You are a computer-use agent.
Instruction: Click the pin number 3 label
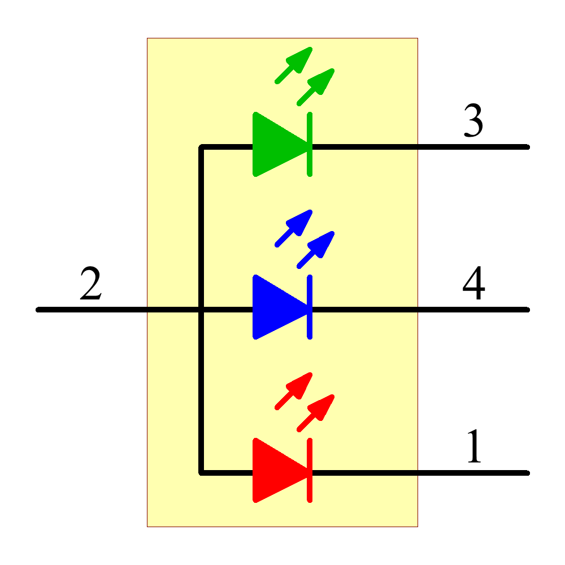(473, 121)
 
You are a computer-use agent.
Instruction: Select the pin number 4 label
(473, 284)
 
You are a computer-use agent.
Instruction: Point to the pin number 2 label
(91, 284)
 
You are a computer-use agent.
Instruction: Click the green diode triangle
(277, 145)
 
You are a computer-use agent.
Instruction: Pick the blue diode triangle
(277, 307)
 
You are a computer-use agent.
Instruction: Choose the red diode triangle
(277, 470)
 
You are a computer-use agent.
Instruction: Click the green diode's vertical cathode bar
(310, 145)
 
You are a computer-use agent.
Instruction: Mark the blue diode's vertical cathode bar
(310, 307)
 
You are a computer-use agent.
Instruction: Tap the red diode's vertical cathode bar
(310, 470)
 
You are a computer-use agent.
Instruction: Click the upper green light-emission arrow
(295, 64)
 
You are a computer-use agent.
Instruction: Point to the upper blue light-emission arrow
(295, 227)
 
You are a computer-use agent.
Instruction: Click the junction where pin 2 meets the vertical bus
(201, 310)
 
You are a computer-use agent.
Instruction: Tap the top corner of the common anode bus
(201, 147)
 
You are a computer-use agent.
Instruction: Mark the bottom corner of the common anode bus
(201, 472)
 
